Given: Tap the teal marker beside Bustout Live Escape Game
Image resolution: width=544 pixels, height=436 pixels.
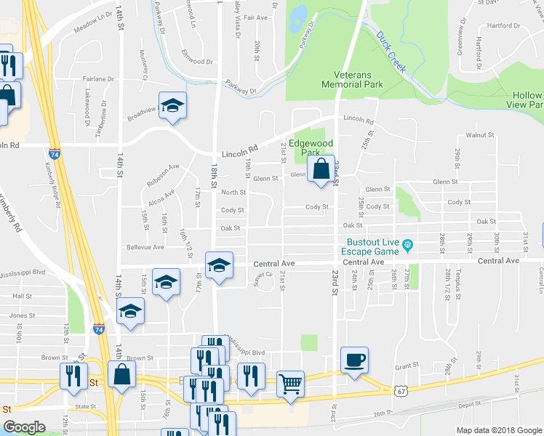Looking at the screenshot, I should click(408, 245).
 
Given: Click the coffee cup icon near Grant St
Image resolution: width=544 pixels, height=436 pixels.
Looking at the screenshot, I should click(354, 360).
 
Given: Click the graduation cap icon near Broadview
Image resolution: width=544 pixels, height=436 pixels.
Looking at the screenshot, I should click(172, 105).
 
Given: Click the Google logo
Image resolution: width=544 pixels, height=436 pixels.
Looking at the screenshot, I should click(24, 427).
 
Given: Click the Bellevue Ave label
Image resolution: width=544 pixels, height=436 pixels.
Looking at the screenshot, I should click(145, 247).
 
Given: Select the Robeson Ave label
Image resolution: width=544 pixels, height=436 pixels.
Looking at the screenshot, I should click(164, 171).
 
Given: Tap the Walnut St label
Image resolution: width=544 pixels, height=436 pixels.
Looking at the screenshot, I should click(480, 135).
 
